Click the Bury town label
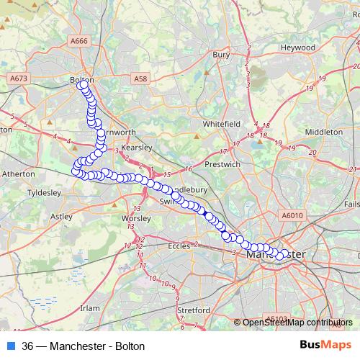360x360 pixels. [x=220, y=54]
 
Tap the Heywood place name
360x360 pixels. [x=298, y=48]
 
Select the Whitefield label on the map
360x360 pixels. [x=221, y=124]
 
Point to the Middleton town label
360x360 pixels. [x=324, y=132]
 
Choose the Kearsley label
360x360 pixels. [x=135, y=147]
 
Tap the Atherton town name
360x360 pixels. [x=18, y=174]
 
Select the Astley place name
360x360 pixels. [x=60, y=215]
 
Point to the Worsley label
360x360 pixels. [x=136, y=217]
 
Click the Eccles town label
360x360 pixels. [x=179, y=246]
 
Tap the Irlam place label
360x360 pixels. [x=89, y=307]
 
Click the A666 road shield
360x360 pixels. [x=79, y=41]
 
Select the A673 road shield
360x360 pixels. [x=18, y=76]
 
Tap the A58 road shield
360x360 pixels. [x=140, y=76]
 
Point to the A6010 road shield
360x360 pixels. [x=292, y=215]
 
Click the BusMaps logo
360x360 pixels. [x=325, y=346]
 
